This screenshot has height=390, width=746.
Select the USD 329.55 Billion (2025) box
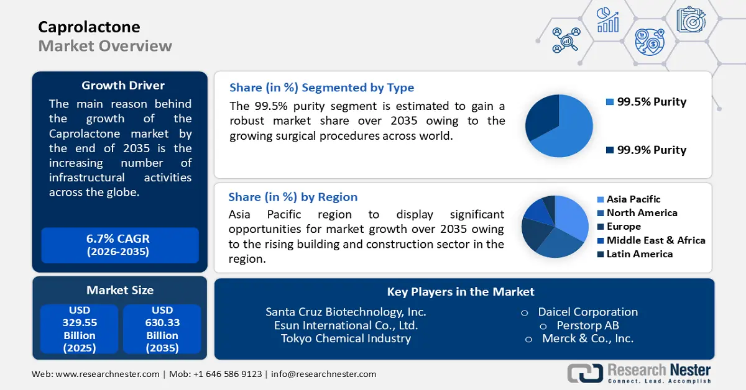[x=80, y=329]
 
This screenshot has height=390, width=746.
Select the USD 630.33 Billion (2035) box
[x=162, y=329]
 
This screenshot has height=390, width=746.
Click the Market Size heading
[x=120, y=290]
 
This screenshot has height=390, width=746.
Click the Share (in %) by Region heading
[x=293, y=197]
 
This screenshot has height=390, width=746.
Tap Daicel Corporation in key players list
[x=587, y=312]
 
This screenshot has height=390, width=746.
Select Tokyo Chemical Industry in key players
[x=346, y=338]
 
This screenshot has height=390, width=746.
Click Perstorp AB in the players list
[x=587, y=325]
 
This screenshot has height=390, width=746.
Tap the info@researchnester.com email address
[x=323, y=374]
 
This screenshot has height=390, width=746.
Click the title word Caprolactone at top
[x=89, y=27]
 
